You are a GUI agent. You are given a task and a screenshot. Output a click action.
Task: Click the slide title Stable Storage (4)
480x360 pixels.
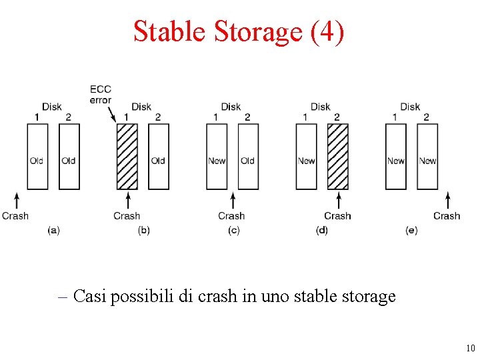pyautogui.click(x=239, y=31)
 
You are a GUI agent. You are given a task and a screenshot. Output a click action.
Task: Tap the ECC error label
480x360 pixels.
pyautogui.click(x=101, y=95)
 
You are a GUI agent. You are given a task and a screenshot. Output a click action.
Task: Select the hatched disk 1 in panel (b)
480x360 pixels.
pyautogui.click(x=127, y=157)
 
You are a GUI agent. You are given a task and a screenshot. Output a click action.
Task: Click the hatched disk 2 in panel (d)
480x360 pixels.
pyautogui.click(x=338, y=157)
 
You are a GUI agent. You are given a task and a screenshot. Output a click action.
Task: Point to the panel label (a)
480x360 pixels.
pyautogui.click(x=54, y=230)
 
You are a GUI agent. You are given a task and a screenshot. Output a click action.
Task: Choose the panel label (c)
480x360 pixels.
pyautogui.click(x=233, y=230)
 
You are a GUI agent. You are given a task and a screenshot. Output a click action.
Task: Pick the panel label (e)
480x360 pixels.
pyautogui.click(x=411, y=230)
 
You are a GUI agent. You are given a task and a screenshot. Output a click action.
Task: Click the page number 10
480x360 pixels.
pyautogui.click(x=469, y=349)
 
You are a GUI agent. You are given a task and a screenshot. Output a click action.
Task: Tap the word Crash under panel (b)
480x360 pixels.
pyautogui.click(x=127, y=216)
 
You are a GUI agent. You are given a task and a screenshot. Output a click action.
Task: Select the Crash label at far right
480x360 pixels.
pyautogui.click(x=447, y=216)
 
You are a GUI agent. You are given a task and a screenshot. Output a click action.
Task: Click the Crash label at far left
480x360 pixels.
pyautogui.click(x=15, y=216)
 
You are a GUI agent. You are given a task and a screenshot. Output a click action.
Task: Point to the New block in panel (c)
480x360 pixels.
pyautogui.click(x=217, y=157)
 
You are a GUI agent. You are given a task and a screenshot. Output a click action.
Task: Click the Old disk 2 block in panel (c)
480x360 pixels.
pyautogui.click(x=248, y=157)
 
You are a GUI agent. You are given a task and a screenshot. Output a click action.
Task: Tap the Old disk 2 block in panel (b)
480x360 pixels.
pyautogui.click(x=158, y=157)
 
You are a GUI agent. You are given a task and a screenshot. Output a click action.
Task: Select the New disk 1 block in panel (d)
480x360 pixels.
pyautogui.click(x=307, y=157)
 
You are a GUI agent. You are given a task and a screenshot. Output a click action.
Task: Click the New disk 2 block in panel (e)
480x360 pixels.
pyautogui.click(x=427, y=157)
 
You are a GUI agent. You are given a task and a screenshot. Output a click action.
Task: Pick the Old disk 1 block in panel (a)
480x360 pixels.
pyautogui.click(x=37, y=157)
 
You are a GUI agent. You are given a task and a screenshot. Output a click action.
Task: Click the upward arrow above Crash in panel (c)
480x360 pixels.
pyautogui.click(x=233, y=200)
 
